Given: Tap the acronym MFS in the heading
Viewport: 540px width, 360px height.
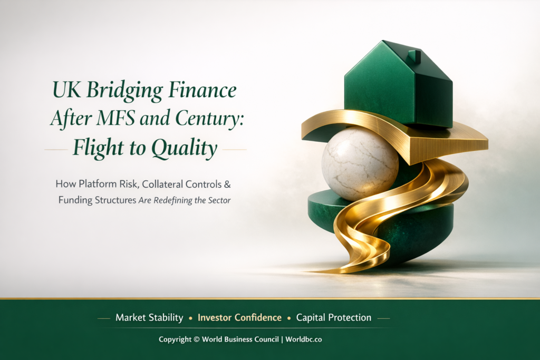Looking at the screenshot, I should [123, 120].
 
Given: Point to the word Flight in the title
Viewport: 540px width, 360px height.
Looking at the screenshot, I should [98, 149].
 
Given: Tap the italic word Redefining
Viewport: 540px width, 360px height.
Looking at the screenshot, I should [177, 201].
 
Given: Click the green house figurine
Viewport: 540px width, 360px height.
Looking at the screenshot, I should [398, 87].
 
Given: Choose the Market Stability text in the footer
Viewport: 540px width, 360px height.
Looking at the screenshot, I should [149, 318].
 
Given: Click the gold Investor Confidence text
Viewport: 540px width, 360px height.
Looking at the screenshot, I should [239, 318].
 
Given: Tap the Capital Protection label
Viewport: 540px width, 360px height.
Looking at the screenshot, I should [333, 318].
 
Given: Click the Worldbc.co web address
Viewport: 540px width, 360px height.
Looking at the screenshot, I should [304, 339].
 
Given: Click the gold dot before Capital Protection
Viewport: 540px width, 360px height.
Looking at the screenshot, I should [288, 318].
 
